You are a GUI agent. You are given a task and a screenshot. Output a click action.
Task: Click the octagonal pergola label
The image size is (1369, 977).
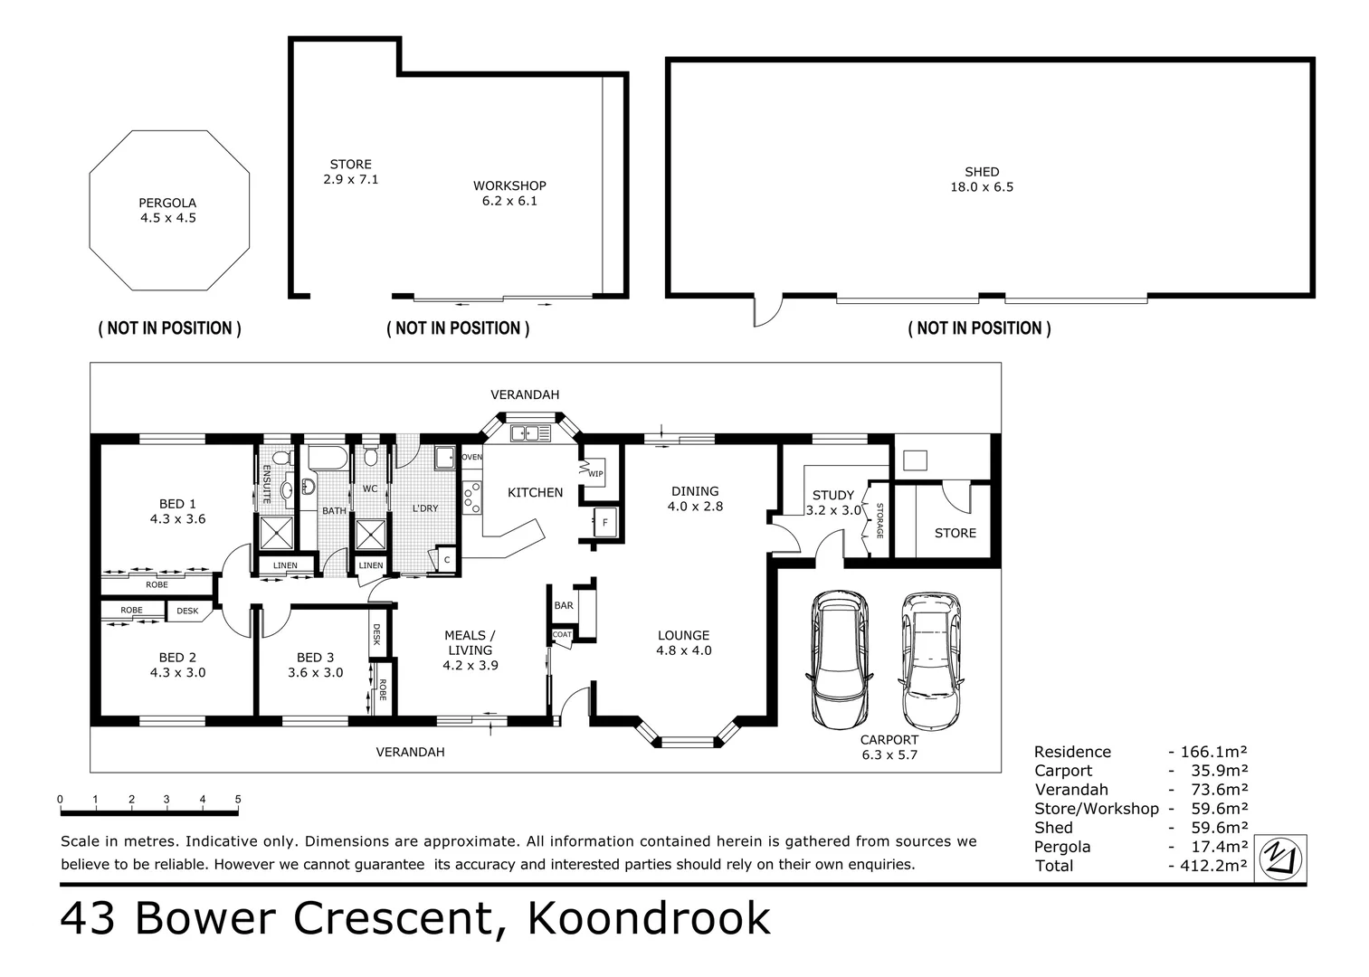[167, 210]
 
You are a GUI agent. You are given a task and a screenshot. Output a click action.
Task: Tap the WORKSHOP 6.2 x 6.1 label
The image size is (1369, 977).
[509, 193]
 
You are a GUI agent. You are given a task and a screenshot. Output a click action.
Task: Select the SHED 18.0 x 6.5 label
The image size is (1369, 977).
[982, 179]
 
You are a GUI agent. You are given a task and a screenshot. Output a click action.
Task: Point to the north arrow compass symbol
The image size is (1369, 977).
[1282, 858]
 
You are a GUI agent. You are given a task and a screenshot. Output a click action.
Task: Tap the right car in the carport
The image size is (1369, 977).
[929, 660]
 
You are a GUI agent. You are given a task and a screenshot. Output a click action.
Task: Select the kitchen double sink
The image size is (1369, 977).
[530, 433]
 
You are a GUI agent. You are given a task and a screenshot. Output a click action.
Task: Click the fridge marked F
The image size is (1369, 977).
[604, 522]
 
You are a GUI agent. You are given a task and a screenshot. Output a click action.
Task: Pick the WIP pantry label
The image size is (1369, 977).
[594, 473]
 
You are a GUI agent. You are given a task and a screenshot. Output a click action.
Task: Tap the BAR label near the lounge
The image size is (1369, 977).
[564, 605]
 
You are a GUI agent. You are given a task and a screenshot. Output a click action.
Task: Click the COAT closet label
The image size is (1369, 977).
[562, 634]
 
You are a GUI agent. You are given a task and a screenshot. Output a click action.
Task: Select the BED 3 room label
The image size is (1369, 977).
[315, 664]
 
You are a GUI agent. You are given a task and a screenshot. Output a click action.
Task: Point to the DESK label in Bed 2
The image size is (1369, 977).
[187, 611]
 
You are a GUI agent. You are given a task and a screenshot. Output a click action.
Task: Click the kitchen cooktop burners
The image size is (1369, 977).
[471, 495]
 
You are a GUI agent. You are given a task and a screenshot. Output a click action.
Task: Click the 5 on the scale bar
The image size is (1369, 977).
[238, 800]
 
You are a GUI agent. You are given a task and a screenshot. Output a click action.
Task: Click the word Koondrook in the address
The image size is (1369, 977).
[649, 918]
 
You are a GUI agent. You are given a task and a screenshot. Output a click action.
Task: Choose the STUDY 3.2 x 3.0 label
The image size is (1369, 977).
[832, 502]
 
